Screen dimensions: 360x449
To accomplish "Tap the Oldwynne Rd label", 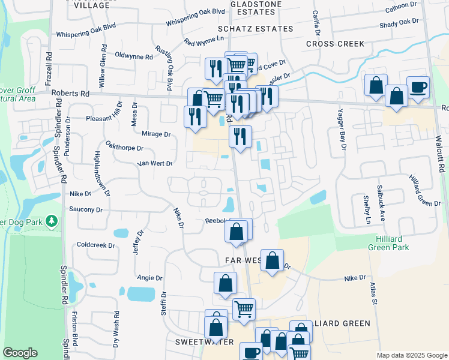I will tap(133, 56).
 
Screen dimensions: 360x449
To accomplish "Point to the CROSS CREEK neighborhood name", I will tap(335, 44).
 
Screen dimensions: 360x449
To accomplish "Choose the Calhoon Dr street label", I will tap(401, 5).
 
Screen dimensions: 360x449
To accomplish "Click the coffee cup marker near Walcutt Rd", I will tap(418, 88).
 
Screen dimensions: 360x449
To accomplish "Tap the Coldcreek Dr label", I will tap(95, 245).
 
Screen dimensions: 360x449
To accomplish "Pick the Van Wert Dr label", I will tap(155, 163).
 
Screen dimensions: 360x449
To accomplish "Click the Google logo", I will tap(20, 353).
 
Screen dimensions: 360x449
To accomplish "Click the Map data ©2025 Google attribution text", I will tap(411, 355).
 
